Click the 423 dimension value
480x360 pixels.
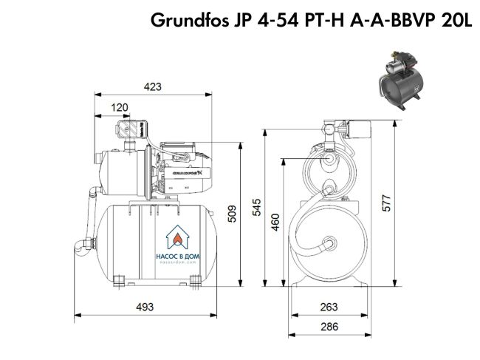pos(152,87)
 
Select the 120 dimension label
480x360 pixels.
pos(120,108)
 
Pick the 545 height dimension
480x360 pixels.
pos(256,208)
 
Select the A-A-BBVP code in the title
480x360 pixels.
pos(397,20)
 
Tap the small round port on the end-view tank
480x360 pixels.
pos(327,242)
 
